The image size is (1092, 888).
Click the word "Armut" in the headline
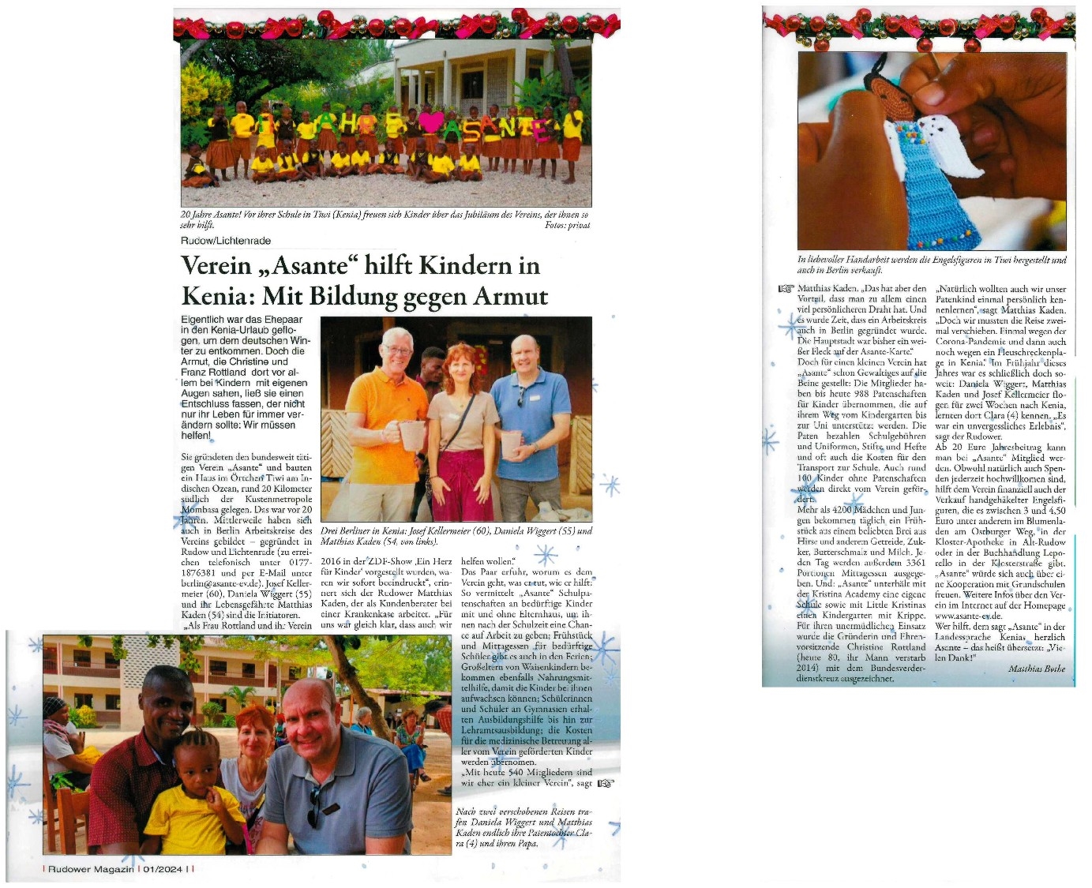[509, 296]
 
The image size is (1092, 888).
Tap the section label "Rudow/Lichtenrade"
[225, 241]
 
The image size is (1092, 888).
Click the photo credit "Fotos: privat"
[567, 225]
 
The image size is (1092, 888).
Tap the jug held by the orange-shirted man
[411, 435]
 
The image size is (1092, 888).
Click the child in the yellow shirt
[192, 805]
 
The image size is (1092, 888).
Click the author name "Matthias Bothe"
[1036, 669]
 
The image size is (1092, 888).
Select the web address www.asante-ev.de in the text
[968, 616]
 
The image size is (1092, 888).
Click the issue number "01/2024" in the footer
[160, 869]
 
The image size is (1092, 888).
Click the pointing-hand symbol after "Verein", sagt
[606, 784]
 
